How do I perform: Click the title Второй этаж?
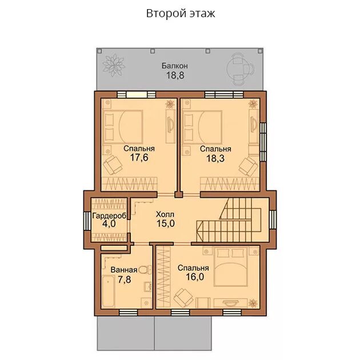click(181, 14)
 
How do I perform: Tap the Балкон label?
click(175, 66)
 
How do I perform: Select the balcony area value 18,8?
click(175, 75)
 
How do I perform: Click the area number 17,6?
click(139, 158)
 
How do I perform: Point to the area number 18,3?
click(215, 158)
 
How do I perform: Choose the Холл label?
click(165, 214)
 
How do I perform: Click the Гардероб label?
click(109, 216)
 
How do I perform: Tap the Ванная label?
click(124, 270)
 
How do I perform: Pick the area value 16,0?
click(195, 277)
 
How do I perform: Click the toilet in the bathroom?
click(145, 270)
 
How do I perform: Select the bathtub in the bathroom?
click(108, 291)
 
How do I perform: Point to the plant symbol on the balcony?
click(113, 66)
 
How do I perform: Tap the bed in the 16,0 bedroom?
click(230, 266)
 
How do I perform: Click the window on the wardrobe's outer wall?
click(87, 221)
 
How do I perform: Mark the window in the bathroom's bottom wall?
click(129, 313)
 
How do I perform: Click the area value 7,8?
click(124, 279)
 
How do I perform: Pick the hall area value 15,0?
click(166, 223)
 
